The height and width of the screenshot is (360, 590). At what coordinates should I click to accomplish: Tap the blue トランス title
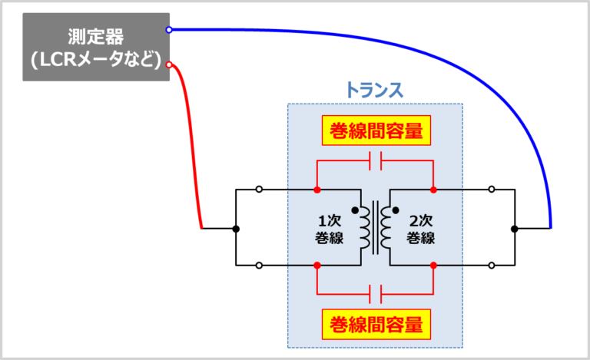click(374, 90)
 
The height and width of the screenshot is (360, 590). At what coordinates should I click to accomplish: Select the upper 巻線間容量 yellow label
click(375, 131)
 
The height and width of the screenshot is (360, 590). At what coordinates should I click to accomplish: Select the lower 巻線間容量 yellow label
click(375, 323)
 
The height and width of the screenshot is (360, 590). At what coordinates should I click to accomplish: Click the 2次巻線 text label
click(420, 228)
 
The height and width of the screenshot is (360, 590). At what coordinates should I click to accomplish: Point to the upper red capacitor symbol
click(376, 161)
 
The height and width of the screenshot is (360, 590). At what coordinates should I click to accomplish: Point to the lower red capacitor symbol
click(376, 293)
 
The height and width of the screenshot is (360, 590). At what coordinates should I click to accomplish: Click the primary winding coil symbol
click(364, 228)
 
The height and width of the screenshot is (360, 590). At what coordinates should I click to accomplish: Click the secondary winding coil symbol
click(386, 228)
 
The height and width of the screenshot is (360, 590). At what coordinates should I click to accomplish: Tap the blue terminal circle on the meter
click(169, 30)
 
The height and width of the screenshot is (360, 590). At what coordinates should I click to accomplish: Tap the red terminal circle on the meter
click(169, 64)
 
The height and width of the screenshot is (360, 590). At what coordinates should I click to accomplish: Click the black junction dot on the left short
click(236, 229)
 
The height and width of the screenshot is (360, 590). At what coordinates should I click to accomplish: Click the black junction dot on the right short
click(514, 229)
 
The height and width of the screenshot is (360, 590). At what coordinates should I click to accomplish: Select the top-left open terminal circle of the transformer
click(260, 190)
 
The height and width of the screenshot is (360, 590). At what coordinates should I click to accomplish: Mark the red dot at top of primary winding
click(317, 190)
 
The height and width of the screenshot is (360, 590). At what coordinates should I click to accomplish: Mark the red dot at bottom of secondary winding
click(434, 266)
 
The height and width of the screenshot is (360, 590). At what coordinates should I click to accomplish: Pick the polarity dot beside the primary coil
click(355, 208)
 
